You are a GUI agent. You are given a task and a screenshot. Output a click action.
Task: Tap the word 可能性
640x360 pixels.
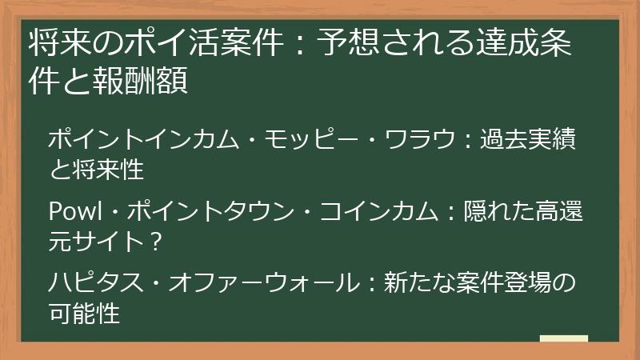click(85, 313)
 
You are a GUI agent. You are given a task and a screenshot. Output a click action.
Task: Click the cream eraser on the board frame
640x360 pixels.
click(563, 338)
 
